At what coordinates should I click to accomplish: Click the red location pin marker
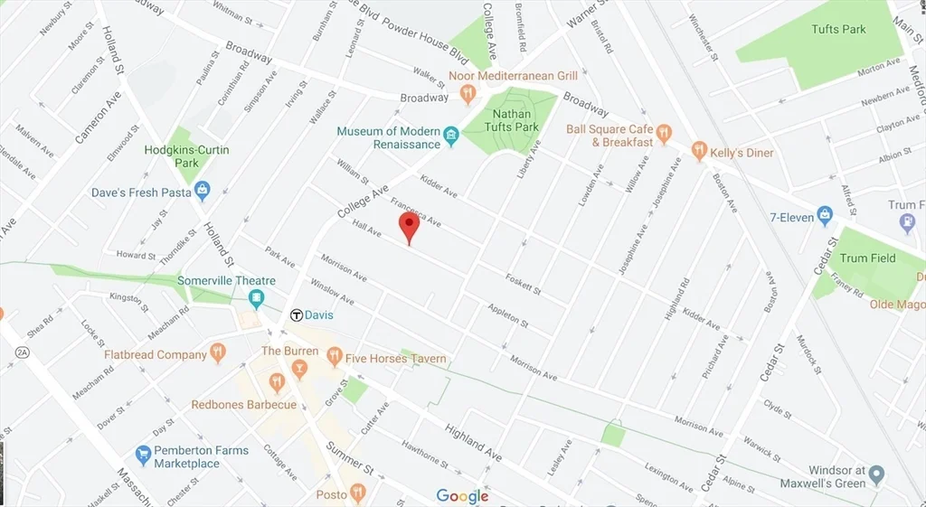pos(409,227)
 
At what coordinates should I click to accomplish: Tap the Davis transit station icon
pos(296,315)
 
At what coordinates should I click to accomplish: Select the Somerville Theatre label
pos(226,281)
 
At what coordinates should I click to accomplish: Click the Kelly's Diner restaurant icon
pos(699,152)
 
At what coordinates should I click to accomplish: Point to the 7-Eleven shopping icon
pos(825,216)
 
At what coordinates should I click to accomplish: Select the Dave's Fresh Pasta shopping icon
pos(202,191)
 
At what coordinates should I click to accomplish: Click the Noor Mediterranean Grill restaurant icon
pos(468,93)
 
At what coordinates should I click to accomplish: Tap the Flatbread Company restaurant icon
pos(217,353)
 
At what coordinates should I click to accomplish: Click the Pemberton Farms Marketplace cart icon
pos(142,454)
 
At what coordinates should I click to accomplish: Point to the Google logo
pos(462,495)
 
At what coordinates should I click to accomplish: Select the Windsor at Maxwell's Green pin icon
pos(876,475)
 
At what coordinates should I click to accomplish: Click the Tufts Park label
pos(838,30)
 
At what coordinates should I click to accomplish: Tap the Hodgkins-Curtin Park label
pos(186,155)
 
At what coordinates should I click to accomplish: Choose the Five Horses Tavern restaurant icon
pos(335,357)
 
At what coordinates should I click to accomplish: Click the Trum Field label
pos(867,258)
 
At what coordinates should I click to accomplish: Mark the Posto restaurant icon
pos(358,493)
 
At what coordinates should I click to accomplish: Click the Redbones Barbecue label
pos(243,405)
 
